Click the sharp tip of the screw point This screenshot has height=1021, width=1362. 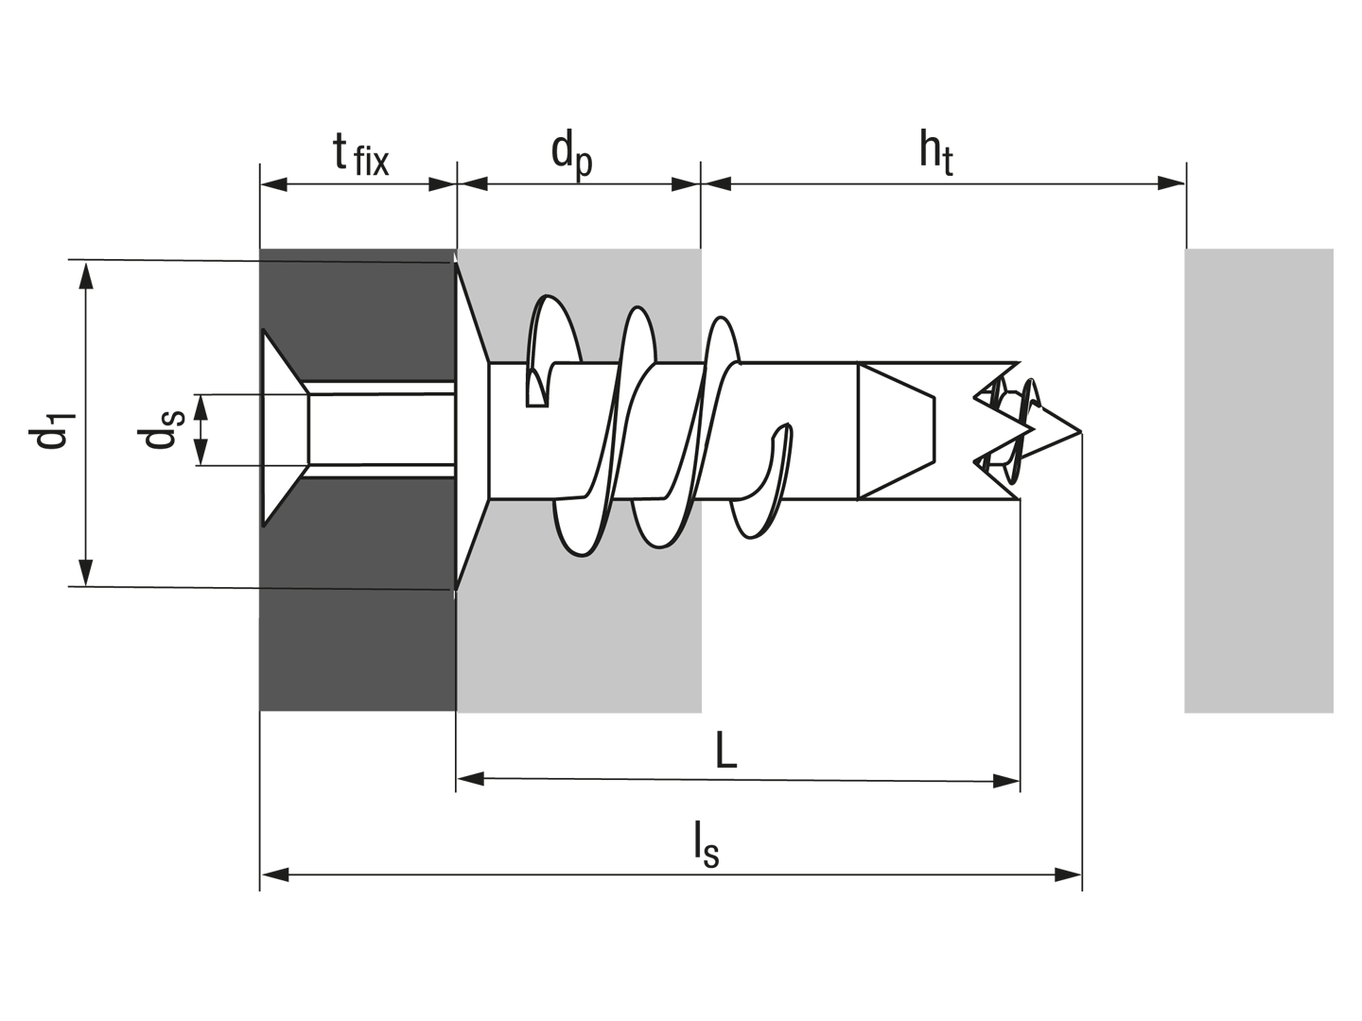coord(1081,431)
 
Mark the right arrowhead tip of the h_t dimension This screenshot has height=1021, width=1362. coord(1184,182)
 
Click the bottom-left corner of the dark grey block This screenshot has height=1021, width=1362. coord(260,711)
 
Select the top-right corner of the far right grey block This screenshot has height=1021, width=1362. coord(1333,250)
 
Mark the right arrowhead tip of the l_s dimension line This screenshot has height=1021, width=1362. coord(1081,874)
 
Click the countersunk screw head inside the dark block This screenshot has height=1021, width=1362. coord(285,428)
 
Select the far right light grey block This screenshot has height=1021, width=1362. coord(1258,480)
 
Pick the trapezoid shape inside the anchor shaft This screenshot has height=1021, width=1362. coord(896,431)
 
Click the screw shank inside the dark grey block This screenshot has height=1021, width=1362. coord(381,429)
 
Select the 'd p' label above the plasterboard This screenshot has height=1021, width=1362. coord(571,158)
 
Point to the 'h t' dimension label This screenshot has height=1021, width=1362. coord(935,155)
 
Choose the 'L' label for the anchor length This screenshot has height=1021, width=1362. coord(726,750)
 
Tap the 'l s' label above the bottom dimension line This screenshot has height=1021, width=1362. coord(707,843)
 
